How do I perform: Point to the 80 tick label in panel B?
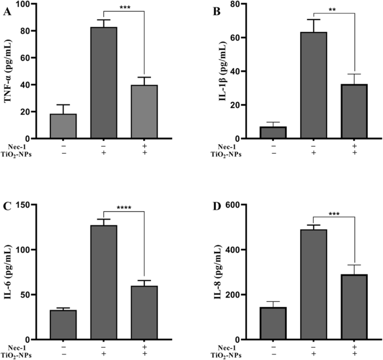(229, 4)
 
